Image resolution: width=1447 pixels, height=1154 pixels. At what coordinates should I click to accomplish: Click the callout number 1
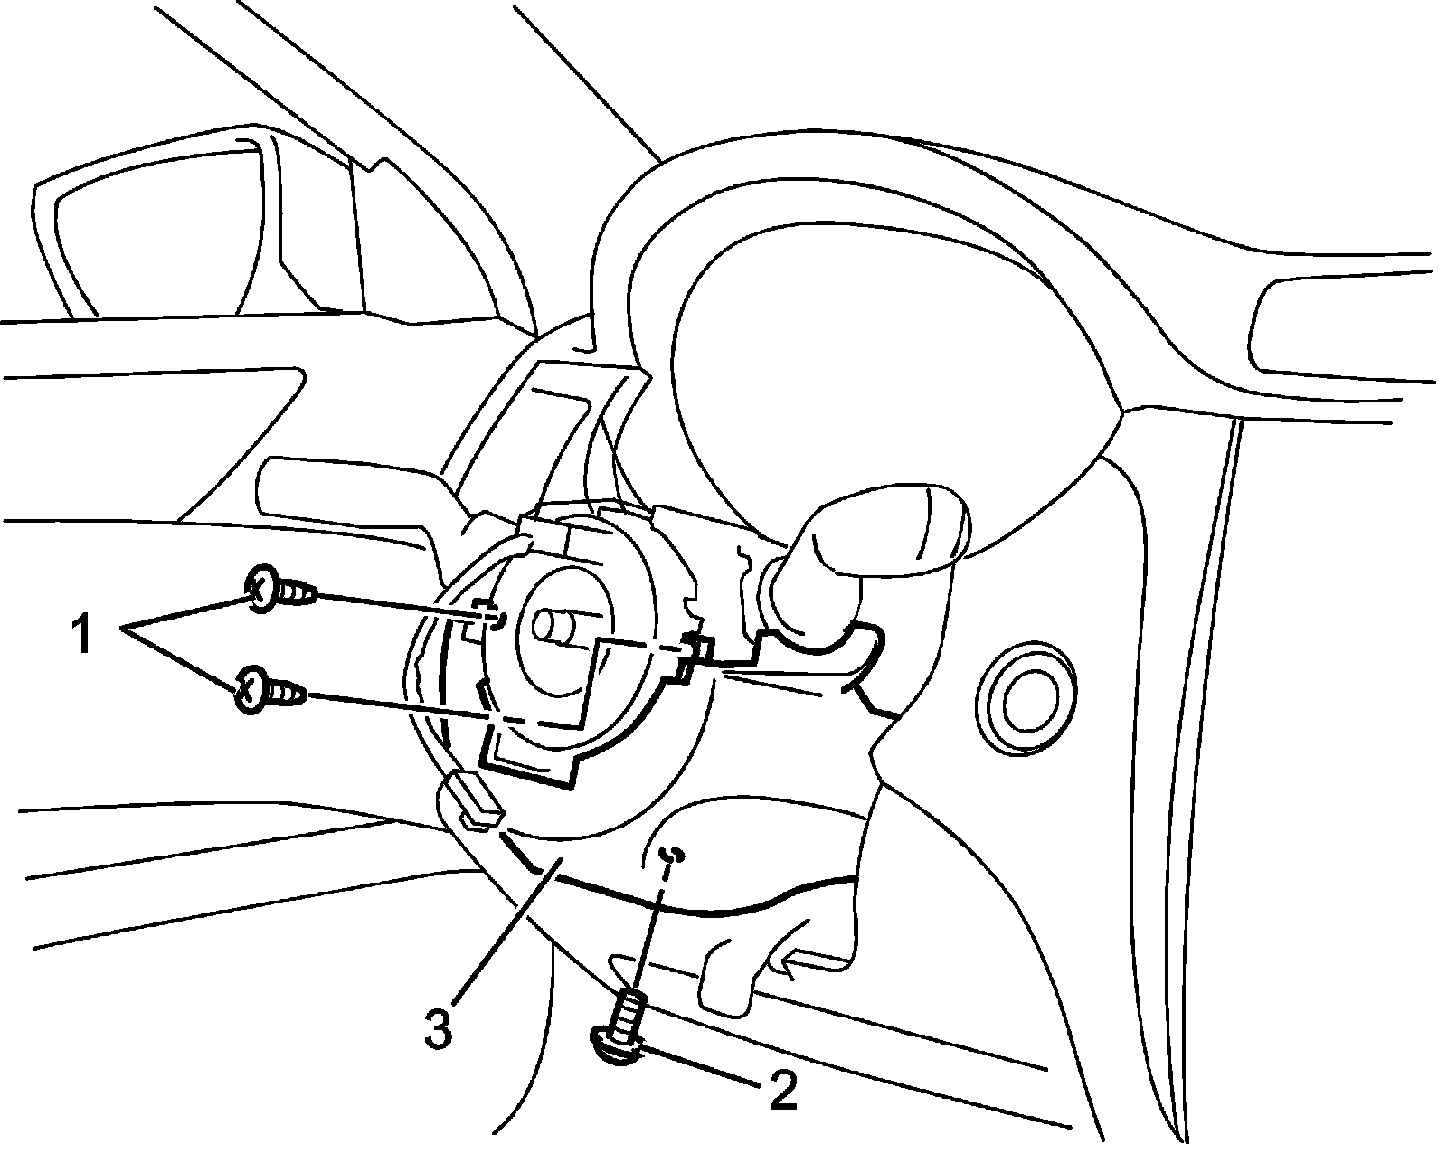(81, 635)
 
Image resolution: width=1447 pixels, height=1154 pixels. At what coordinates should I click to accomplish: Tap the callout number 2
(782, 1091)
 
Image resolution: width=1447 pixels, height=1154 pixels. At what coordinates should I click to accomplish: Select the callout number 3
(439, 1030)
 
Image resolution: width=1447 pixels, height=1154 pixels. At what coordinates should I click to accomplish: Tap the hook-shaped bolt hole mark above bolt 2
(671, 854)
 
